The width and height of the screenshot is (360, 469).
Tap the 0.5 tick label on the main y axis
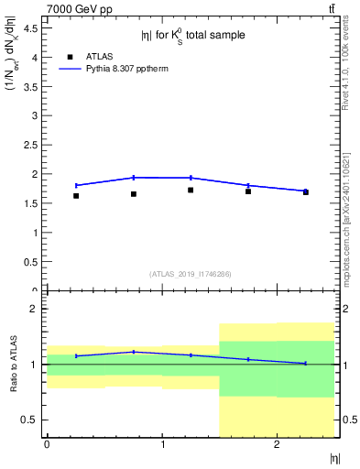31,261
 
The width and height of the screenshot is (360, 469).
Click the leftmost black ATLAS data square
76,196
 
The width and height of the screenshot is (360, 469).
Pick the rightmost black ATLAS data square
305,192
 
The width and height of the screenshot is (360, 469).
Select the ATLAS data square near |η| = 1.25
191,191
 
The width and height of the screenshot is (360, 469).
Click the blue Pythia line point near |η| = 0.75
134,178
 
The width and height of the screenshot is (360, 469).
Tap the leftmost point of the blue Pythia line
76,185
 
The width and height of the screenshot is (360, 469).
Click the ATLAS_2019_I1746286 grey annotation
191,274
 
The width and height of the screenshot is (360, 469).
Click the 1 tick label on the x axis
162,444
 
